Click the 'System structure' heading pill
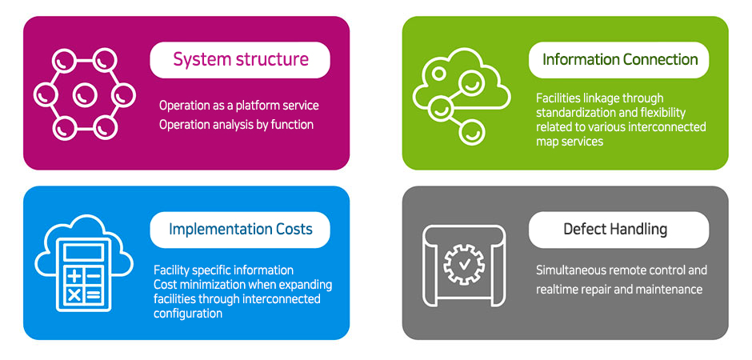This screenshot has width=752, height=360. (x=240, y=60)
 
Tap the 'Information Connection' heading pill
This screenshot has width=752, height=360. (x=618, y=60)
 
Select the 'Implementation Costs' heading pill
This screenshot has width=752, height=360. (x=240, y=229)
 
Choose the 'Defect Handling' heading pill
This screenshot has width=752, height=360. (x=618, y=229)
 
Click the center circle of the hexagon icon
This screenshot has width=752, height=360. (x=85, y=95)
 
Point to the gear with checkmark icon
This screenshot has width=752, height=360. (x=464, y=265)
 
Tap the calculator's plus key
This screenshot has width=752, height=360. (x=74, y=276)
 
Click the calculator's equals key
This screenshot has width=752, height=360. (x=94, y=295)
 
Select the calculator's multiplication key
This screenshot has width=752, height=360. (x=74, y=295)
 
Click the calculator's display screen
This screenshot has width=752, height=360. (x=83, y=252)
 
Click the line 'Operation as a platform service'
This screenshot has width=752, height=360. (x=239, y=105)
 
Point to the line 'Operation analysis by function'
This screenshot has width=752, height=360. (x=237, y=125)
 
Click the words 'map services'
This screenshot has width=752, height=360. (x=570, y=142)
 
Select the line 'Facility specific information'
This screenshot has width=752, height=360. (x=223, y=270)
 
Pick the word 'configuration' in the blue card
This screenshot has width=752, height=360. (x=188, y=314)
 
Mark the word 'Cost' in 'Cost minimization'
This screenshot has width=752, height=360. (x=164, y=285)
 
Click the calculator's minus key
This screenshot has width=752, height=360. (x=94, y=276)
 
